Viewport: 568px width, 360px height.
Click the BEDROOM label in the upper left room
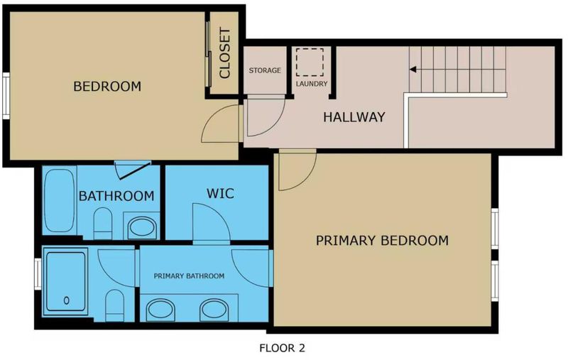pos(107,86)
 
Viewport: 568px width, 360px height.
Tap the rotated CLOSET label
pos(225,53)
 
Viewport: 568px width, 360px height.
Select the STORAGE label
pos(265,70)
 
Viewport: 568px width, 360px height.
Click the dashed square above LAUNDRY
pos(310,62)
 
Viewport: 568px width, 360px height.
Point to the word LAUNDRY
pos(312,84)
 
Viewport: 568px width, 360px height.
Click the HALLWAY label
pos(354,117)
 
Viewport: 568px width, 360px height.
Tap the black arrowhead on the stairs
pos(413,69)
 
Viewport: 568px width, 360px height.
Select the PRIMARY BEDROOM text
pos(382,241)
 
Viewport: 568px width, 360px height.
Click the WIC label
pos(220,193)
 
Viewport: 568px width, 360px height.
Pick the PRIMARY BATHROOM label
pos(189,276)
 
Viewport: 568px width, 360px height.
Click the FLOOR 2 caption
pos(282,348)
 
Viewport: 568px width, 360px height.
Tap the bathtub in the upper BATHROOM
pos(60,200)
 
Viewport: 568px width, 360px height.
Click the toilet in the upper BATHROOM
pos(102,224)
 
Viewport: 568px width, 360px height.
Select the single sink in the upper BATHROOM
pos(141,227)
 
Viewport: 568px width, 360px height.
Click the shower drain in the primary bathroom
pos(66,300)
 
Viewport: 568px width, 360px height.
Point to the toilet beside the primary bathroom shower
pos(115,305)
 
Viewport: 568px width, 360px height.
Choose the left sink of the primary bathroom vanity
pos(160,310)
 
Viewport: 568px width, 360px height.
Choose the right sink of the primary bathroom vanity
pos(214,310)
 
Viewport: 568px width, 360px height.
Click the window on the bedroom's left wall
pos(6,96)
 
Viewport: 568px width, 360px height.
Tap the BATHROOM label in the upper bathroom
pos(116,196)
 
